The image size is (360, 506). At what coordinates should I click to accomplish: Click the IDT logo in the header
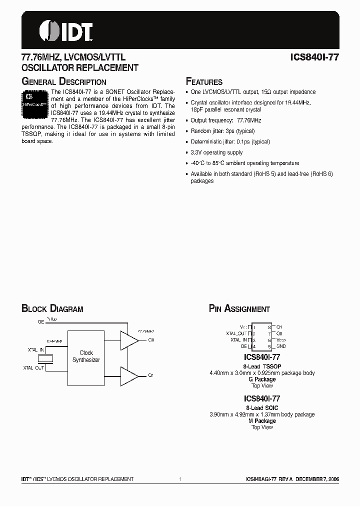click(66, 30)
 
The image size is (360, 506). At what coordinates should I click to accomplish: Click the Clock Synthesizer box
click(86, 356)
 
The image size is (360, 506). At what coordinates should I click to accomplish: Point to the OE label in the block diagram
click(41, 322)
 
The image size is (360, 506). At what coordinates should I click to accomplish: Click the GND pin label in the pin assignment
click(281, 346)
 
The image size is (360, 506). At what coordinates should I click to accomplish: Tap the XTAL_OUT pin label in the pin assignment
click(236, 333)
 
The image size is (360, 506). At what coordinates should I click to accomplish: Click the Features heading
click(204, 81)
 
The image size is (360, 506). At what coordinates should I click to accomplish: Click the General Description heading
click(64, 81)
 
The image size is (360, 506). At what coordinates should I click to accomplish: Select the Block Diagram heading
click(52, 309)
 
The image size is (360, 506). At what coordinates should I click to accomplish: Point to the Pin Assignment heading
click(239, 309)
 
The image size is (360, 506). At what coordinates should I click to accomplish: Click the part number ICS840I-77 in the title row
click(314, 57)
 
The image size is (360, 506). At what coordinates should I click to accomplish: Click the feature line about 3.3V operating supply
click(216, 152)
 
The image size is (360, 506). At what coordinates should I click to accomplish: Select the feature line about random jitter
click(222, 131)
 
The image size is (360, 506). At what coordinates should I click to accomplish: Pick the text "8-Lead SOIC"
click(261, 408)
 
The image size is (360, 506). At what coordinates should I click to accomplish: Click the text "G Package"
click(262, 379)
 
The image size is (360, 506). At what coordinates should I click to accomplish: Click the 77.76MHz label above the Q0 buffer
click(145, 331)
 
